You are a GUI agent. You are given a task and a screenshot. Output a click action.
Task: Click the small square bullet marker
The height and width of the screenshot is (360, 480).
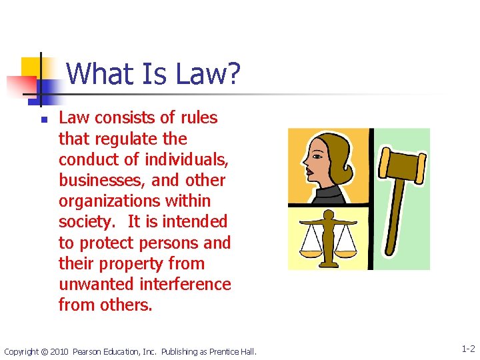[x=42, y=121]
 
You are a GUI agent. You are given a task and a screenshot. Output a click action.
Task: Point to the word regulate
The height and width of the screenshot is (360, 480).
[x=120, y=139]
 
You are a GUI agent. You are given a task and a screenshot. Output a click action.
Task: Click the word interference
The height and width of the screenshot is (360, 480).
[x=185, y=284]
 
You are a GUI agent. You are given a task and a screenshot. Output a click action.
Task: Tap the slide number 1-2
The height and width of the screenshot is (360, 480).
[x=468, y=349]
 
